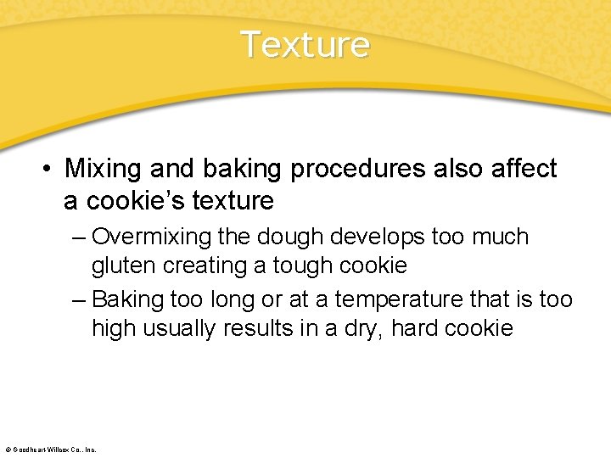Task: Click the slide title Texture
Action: (x=305, y=44)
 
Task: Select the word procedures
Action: (x=357, y=169)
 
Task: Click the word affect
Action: (x=524, y=169)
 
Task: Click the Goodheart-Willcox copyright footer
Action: (x=51, y=449)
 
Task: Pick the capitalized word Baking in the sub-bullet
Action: (x=128, y=299)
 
